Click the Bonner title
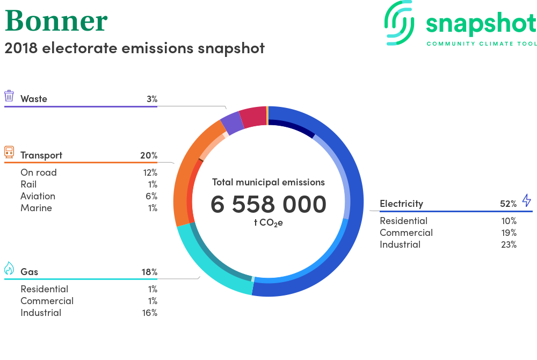tap(56, 21)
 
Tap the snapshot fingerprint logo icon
tap(399, 23)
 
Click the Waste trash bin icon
tap(9, 96)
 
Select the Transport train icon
tap(9, 152)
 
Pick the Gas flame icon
tap(9, 268)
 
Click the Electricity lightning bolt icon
tap(527, 200)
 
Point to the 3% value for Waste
tap(152, 99)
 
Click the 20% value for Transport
tap(149, 155)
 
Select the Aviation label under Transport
tap(38, 196)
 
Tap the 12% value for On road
tap(150, 172)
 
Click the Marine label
tap(37, 208)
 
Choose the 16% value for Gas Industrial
tap(150, 313)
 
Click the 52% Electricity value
tap(508, 204)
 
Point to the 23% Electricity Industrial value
tap(509, 244)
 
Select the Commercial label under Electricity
tap(406, 233)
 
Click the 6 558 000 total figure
tap(268, 204)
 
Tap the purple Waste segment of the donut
tap(232, 123)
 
